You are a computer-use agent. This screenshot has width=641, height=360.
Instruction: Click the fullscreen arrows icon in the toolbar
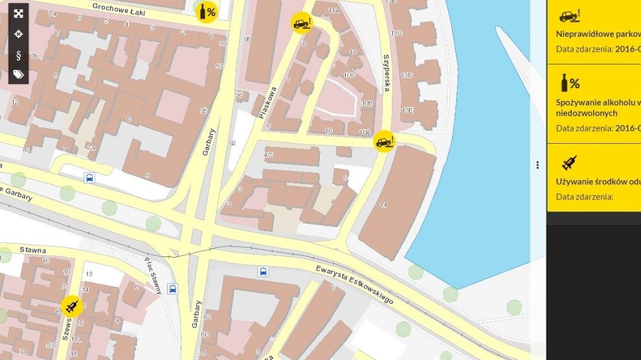[19, 14]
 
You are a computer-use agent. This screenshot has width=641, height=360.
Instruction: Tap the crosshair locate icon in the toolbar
[19, 34]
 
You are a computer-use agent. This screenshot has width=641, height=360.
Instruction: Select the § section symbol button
[19, 54]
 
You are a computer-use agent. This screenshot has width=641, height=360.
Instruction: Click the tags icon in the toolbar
[19, 74]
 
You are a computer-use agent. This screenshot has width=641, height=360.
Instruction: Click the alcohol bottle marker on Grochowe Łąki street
[207, 11]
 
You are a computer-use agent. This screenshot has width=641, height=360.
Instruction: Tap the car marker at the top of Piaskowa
[300, 23]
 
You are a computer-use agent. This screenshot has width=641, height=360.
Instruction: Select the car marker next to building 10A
[383, 141]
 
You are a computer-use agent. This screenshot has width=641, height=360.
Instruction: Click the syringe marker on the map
[72, 306]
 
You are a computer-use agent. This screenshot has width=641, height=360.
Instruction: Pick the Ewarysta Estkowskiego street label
[355, 284]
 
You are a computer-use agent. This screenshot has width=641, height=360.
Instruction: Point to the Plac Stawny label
[154, 275]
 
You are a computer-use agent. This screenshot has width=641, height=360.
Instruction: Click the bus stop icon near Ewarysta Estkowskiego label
[263, 271]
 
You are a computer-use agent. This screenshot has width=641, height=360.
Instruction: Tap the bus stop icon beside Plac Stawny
[172, 288]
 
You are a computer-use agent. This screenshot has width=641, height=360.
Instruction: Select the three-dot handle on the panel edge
[537, 165]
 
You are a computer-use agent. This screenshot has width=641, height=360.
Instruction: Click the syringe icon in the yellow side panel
[569, 162]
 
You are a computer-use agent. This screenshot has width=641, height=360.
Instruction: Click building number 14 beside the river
[383, 205]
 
